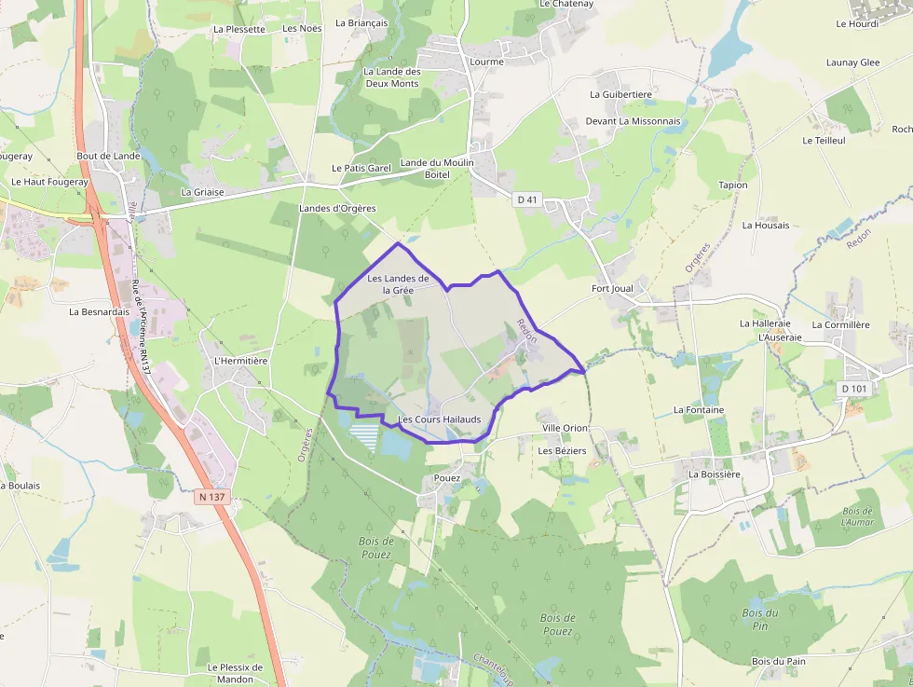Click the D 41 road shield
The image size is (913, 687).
coord(527,199)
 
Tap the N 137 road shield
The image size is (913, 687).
coord(212,497)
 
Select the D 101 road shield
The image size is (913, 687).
coord(852,389)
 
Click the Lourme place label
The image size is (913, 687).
coord(487,62)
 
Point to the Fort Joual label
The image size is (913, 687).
coord(612,288)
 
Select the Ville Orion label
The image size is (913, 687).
coord(565,428)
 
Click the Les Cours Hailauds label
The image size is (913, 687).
coord(440,419)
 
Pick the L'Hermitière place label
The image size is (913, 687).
coord(241,361)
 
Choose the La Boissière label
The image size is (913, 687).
coord(715,474)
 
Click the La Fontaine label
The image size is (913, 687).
coord(699,409)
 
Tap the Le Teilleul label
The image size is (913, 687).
coord(824,140)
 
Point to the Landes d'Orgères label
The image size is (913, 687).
coord(337,208)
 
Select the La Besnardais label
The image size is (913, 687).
coord(99,311)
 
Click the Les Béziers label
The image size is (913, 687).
coord(562,450)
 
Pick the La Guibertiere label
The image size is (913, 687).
coord(620,94)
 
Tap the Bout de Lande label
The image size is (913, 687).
coord(108,156)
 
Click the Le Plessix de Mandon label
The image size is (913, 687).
coord(236,672)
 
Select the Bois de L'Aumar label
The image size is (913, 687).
coord(857,516)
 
